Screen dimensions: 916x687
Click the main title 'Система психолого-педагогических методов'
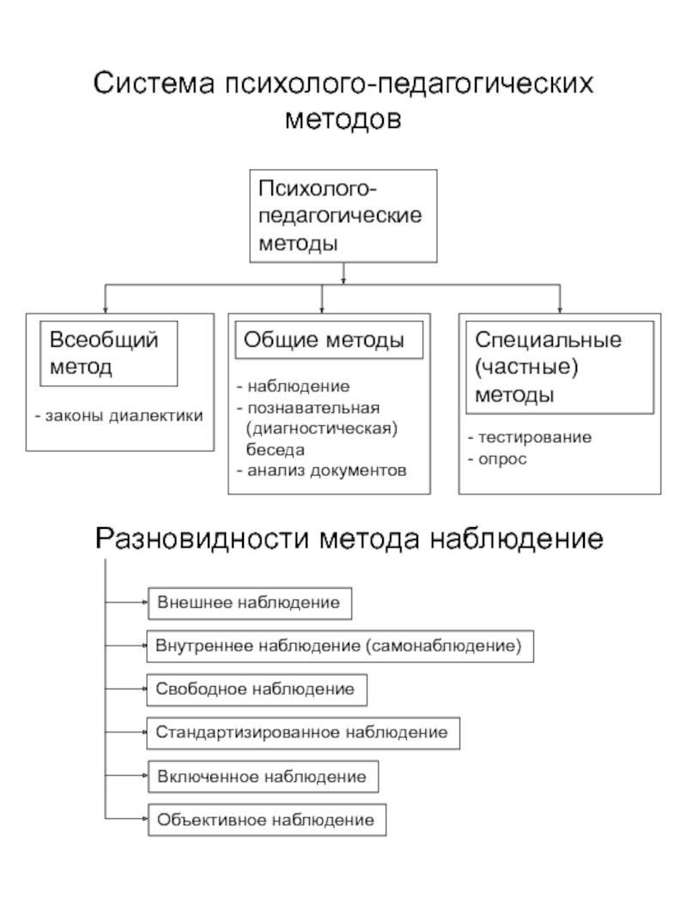point(343,100)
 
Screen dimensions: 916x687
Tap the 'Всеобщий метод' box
point(109,353)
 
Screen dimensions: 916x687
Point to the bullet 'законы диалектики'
point(119,416)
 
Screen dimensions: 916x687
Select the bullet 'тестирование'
point(529,438)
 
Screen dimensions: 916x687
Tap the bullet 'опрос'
point(497,459)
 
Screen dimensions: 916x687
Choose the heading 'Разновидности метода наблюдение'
point(349,538)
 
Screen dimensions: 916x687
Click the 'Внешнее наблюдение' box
point(250,603)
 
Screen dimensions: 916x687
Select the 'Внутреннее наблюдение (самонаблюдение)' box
point(340,646)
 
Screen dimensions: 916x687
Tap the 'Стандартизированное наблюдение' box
point(302,732)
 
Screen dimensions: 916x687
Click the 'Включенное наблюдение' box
point(262,776)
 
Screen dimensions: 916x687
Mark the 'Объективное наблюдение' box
point(266,820)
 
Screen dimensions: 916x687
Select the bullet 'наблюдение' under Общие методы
point(293,387)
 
